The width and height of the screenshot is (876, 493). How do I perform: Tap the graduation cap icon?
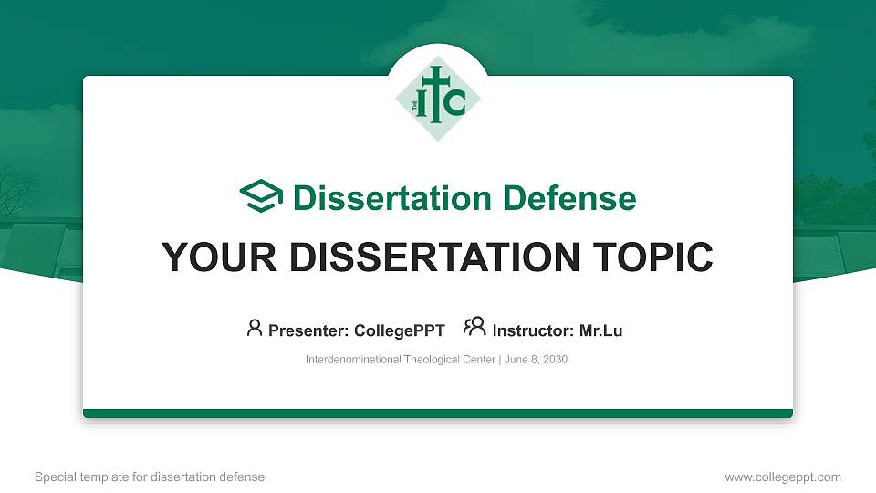coord(261,196)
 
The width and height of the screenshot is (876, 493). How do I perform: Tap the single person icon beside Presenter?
coord(255,328)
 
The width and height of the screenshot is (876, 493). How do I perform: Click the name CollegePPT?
coord(399,330)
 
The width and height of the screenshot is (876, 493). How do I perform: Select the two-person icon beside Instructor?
coord(474,328)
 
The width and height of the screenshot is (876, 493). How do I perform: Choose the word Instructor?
coord(531,330)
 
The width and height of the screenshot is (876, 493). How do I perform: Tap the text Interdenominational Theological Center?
coord(401,360)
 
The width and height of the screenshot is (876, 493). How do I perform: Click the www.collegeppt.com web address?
coord(782,477)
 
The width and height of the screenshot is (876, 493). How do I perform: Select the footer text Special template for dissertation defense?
coord(150,477)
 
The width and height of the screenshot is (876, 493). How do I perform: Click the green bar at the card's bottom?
coord(438,414)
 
